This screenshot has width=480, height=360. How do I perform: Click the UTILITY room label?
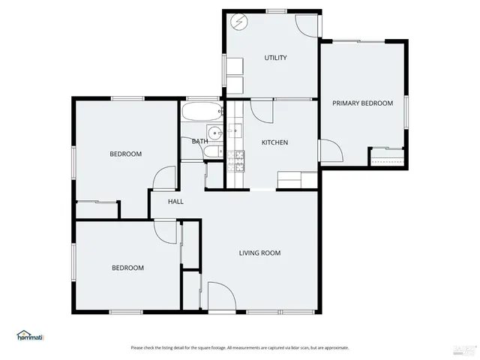(x=275, y=58)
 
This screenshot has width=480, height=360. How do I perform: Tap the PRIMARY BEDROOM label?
(x=363, y=103)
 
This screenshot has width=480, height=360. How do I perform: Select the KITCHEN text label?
(x=274, y=142)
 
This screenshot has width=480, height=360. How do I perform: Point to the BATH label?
(x=199, y=141)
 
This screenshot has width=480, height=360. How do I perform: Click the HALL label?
(x=175, y=202)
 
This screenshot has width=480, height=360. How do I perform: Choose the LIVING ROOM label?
(x=259, y=253)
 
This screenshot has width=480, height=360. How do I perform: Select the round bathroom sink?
(x=215, y=133)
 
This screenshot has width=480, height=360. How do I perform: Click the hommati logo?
(x=30, y=335)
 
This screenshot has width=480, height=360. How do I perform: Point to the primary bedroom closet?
(x=387, y=157)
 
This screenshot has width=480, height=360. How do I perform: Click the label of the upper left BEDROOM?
(x=125, y=154)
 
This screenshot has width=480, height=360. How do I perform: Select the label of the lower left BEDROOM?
(x=127, y=268)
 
